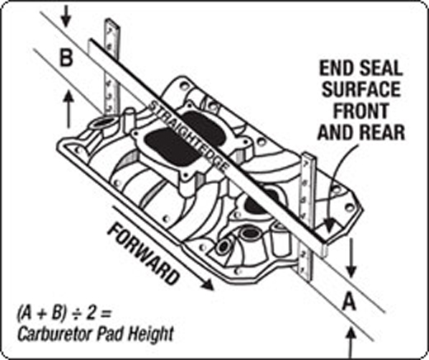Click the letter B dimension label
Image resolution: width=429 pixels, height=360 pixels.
(x=66, y=58)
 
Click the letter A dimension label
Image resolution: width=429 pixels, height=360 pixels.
(x=349, y=301)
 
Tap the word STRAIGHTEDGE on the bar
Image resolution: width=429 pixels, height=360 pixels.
(x=189, y=135)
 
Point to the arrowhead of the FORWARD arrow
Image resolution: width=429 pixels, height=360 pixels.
(x=208, y=285)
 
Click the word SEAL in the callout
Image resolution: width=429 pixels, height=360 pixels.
(x=381, y=68)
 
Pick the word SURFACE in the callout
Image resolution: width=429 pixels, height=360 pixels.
(x=361, y=89)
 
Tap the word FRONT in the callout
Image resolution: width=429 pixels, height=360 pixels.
(x=361, y=111)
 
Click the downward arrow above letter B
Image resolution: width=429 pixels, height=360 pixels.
(x=66, y=17)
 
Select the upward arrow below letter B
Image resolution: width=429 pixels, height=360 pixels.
(x=69, y=110)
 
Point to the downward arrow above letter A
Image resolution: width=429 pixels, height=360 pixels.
(x=351, y=258)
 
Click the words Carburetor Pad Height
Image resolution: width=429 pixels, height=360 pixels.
(x=95, y=334)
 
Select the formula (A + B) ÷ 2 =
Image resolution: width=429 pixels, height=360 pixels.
(x=64, y=314)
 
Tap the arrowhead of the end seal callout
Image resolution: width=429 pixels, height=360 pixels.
(x=329, y=225)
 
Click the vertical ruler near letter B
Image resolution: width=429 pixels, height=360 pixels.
(x=112, y=67)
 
